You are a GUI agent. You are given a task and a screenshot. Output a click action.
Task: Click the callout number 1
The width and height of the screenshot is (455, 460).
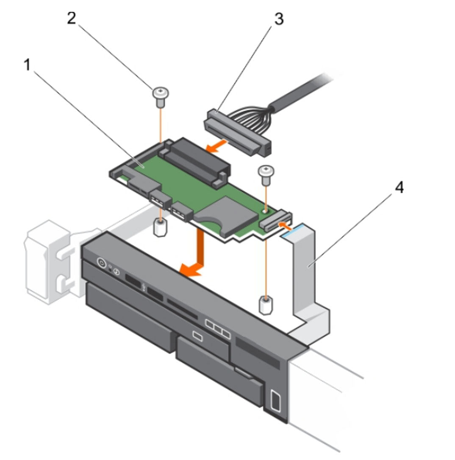click(27, 65)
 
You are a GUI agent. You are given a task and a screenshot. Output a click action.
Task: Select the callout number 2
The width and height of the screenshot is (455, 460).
click(72, 19)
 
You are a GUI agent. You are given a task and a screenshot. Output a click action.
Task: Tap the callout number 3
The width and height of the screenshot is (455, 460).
click(279, 19)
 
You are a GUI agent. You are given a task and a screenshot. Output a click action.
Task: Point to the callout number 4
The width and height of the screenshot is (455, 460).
click(400, 187)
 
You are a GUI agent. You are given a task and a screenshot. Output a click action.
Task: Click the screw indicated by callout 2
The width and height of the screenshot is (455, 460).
click(161, 97)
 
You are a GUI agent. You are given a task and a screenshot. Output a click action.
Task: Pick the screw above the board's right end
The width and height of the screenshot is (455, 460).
click(266, 175)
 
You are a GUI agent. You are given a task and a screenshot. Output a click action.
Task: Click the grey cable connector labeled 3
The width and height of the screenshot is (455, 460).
click(238, 132)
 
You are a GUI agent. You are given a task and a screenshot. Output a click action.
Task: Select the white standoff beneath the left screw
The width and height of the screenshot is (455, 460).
click(160, 227)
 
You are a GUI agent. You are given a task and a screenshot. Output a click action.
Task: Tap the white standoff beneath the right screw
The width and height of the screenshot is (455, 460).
click(266, 305)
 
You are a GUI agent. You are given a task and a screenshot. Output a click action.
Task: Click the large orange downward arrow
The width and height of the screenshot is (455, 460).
click(193, 252)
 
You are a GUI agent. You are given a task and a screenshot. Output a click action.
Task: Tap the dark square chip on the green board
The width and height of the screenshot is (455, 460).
click(226, 216)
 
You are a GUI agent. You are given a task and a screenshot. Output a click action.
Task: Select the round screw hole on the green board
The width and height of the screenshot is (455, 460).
click(265, 211)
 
